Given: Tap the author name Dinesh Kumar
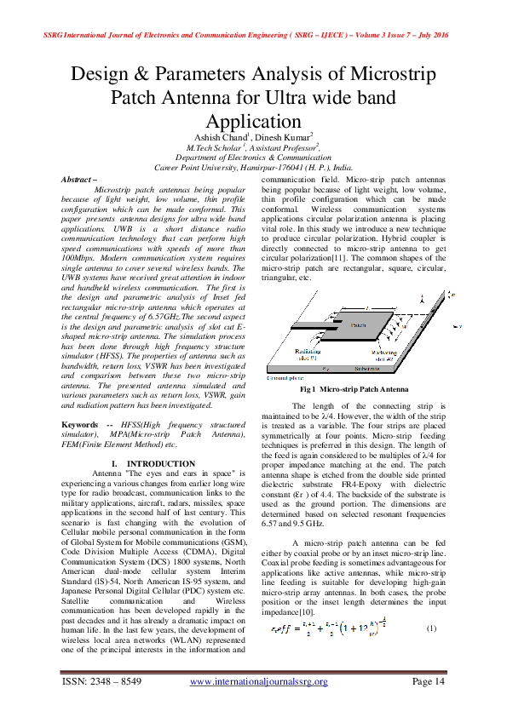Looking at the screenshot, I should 285,136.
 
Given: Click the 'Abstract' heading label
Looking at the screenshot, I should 81,181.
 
